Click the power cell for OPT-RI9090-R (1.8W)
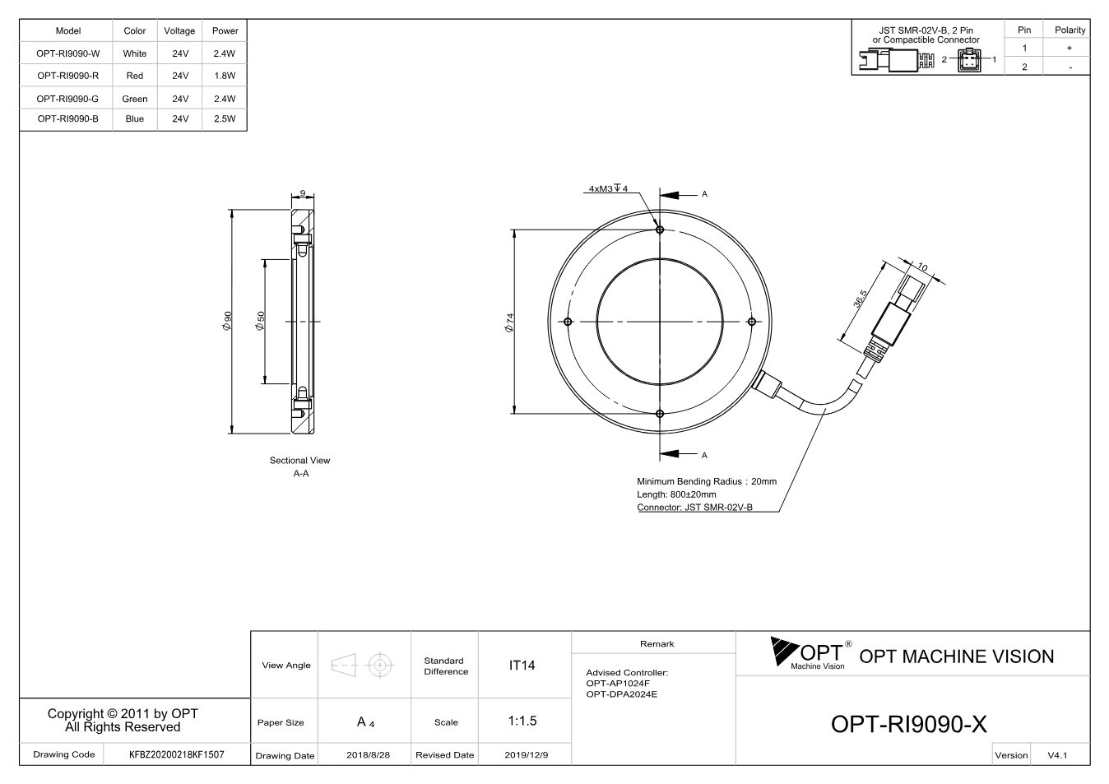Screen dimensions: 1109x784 (x=225, y=76)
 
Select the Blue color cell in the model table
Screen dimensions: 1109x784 (x=135, y=118)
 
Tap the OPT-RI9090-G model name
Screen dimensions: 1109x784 (x=67, y=99)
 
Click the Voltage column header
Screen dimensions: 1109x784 (x=179, y=30)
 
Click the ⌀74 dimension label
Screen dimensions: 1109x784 (x=509, y=322)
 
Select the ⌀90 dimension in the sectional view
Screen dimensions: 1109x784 (x=227, y=321)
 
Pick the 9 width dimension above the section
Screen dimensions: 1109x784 (x=303, y=193)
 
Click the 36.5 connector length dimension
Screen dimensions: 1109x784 (x=861, y=299)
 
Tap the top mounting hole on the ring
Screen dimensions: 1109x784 (x=660, y=230)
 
